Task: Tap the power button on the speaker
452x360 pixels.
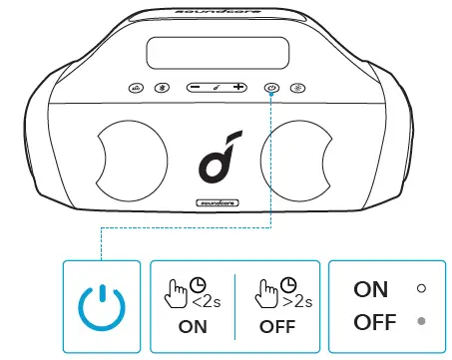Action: pyautogui.click(x=271, y=88)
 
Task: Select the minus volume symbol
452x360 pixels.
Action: pyautogui.click(x=194, y=88)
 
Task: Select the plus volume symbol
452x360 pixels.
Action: pyautogui.click(x=238, y=88)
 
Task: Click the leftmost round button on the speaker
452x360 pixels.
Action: pyautogui.click(x=136, y=88)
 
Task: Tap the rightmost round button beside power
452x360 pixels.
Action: pyautogui.click(x=299, y=88)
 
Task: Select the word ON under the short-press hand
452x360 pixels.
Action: pyautogui.click(x=191, y=325)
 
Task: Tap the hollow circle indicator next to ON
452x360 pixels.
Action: pyautogui.click(x=421, y=288)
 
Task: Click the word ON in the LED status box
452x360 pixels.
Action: pyautogui.click(x=371, y=288)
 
